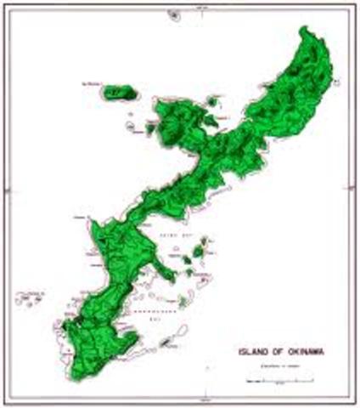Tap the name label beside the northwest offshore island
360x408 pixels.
(93, 83)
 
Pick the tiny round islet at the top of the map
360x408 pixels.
(174, 15)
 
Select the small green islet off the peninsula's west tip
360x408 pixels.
(149, 129)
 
